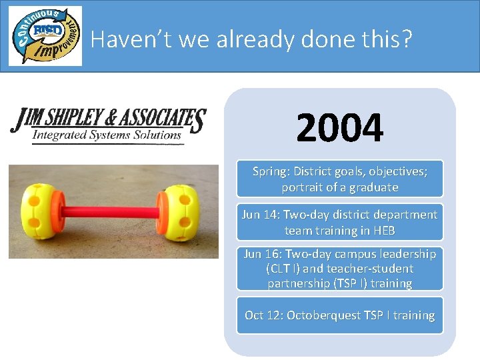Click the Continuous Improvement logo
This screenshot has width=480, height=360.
tap(45, 36)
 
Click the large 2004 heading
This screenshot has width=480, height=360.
tap(340, 128)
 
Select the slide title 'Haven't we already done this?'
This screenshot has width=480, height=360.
tap(251, 39)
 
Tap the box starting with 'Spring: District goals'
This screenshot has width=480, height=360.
tap(340, 179)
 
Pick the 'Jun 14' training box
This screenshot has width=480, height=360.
tap(340, 222)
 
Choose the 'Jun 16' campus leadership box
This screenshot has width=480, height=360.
tap(340, 269)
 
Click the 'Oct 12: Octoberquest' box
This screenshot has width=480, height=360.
tap(340, 315)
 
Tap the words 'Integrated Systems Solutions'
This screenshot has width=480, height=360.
tap(107, 135)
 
